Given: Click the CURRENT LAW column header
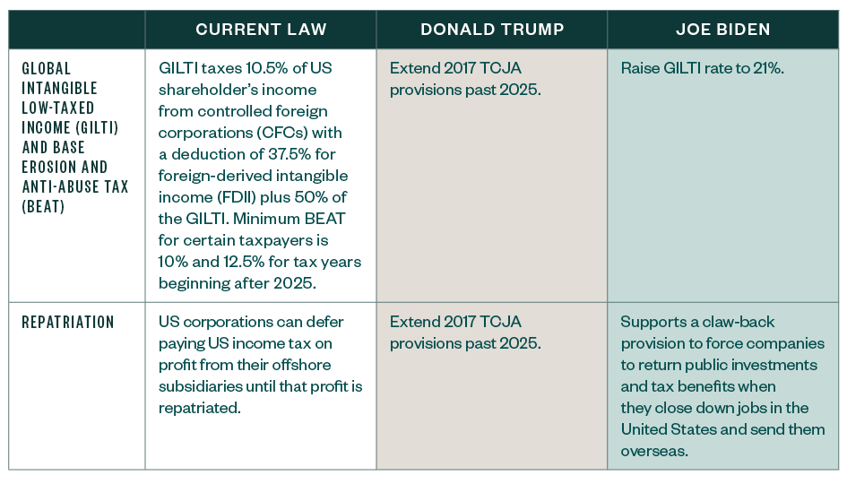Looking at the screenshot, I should coord(261,30).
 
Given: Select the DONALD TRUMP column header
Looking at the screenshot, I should coord(492,30).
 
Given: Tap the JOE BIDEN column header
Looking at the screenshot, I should coord(723,30).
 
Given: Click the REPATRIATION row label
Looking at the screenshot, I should coord(68,322).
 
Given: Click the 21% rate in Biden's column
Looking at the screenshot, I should coord(765,69).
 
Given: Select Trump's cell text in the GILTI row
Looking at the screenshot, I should coord(466,79).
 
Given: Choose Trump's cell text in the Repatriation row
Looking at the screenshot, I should coord(466,332).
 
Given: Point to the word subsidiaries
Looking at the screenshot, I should coord(203,386).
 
